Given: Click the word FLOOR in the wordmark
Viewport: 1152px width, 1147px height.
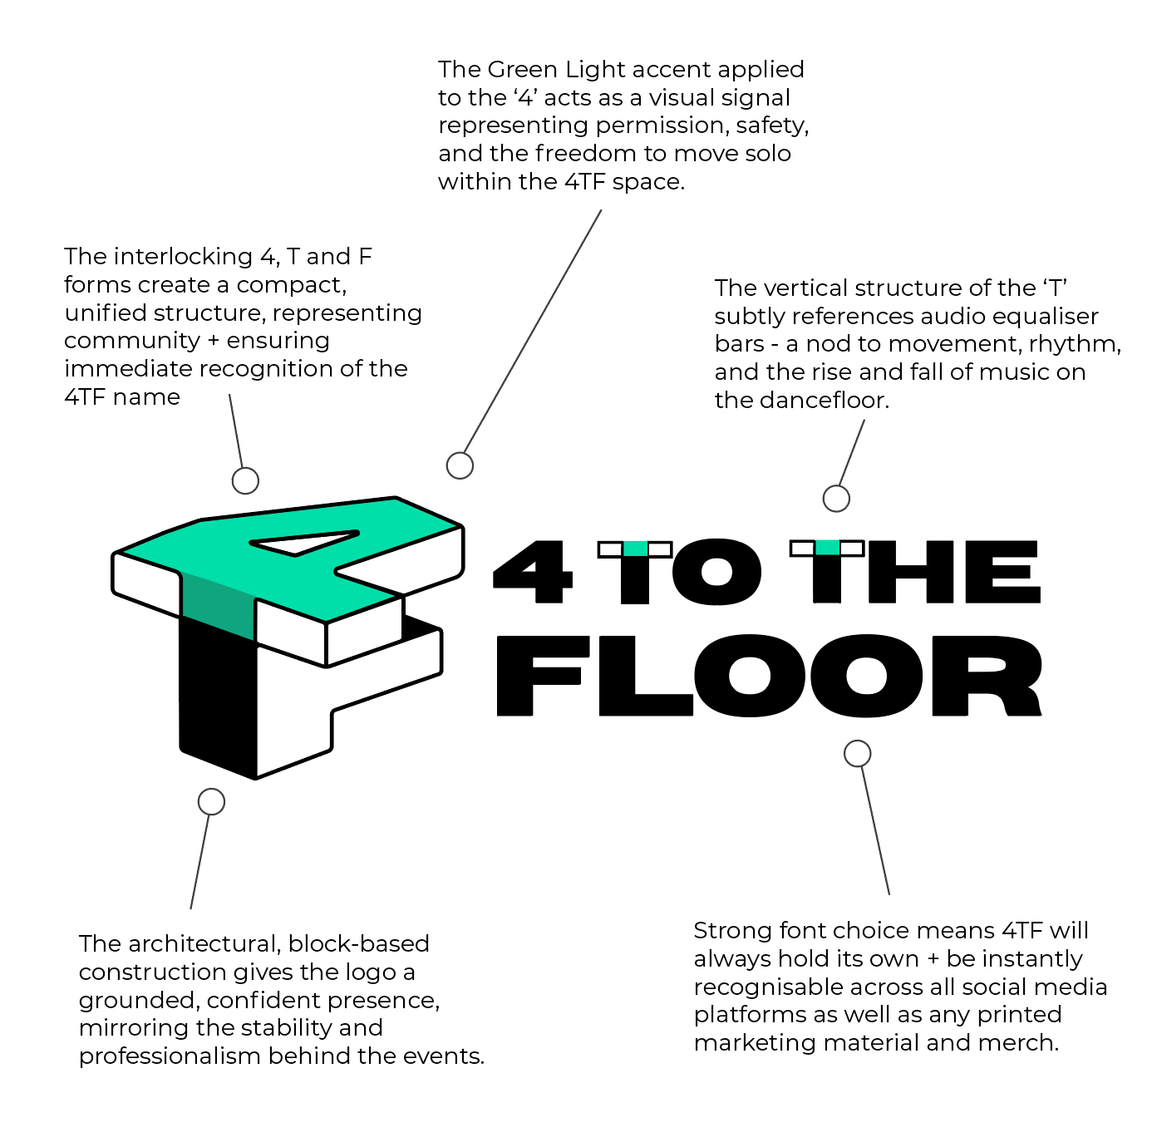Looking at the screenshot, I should click(769, 675).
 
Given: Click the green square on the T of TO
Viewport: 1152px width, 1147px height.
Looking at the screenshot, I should click(635, 549).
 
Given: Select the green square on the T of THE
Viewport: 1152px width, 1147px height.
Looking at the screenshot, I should click(827, 548).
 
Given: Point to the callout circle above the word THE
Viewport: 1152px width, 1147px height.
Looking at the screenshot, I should click(836, 499).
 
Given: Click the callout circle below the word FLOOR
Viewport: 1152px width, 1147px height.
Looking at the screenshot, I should click(857, 754).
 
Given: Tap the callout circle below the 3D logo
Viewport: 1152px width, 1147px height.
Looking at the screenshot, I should click(212, 801).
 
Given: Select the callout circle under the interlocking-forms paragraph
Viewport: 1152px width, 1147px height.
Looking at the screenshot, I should click(245, 480).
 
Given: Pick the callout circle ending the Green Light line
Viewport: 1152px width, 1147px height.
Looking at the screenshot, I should click(460, 465).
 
